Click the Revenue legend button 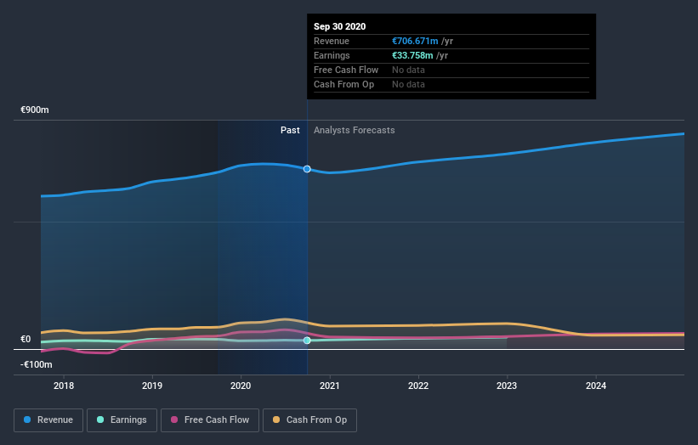tap(49, 420)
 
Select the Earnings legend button tap(122, 420)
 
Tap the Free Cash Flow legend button tap(209, 420)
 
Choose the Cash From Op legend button tap(310, 420)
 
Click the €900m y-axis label tap(36, 110)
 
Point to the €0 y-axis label tap(26, 340)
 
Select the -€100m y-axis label tap(37, 365)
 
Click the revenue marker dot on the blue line tap(307, 169)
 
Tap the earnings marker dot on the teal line tap(307, 341)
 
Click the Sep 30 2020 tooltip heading tap(339, 26)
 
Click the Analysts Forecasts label tap(354, 130)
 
